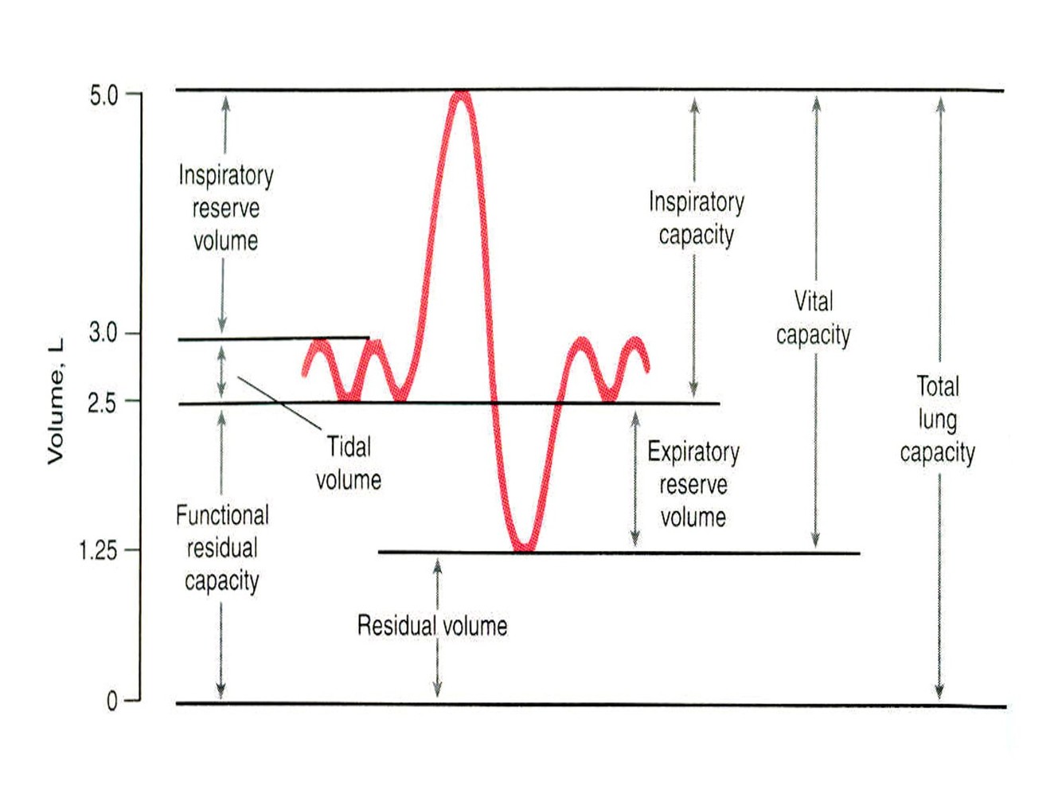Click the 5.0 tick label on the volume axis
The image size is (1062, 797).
tap(103, 96)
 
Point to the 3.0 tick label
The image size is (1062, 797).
tap(103, 333)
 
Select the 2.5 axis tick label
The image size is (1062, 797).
tap(102, 403)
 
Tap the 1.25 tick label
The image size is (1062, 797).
tap(98, 550)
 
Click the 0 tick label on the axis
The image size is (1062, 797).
tap(111, 701)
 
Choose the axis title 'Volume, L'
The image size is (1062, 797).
tap(55, 401)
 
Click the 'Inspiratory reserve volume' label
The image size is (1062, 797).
tap(225, 208)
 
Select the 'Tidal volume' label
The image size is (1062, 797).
tap(349, 463)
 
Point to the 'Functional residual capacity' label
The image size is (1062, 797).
tap(222, 548)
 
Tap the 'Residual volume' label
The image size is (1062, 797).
tap(431, 626)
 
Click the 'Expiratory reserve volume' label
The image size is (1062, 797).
tap(693, 484)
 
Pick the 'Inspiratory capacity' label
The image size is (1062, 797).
tap(697, 218)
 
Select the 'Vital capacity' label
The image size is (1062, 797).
tap(814, 318)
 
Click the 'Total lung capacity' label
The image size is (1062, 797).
tap(938, 420)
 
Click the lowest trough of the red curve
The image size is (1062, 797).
tap(523, 548)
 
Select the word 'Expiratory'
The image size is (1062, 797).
tap(693, 451)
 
